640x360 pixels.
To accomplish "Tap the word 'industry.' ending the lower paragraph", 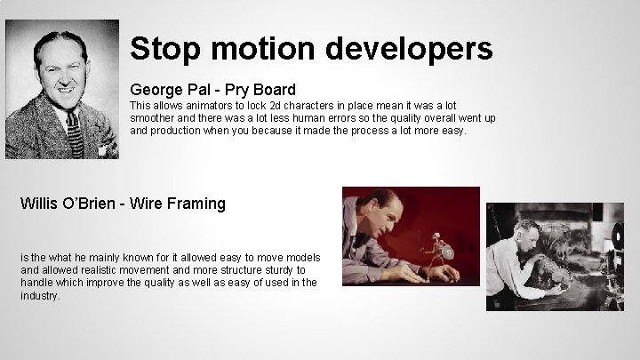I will point(40,295).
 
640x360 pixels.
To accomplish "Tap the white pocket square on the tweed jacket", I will point(103,149).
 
